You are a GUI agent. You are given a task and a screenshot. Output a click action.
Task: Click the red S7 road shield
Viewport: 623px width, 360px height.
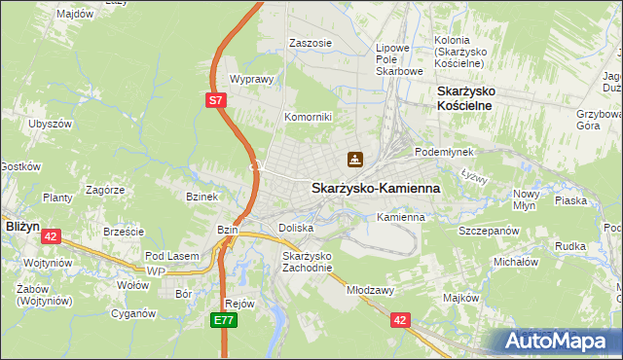[x=217, y=100]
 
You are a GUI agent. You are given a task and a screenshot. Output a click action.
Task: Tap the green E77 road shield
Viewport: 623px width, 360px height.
[x=226, y=318]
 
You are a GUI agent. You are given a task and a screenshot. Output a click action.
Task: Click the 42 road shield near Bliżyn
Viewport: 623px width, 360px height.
[x=52, y=235]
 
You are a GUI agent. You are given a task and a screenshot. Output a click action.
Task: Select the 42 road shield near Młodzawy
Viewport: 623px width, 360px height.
[x=400, y=318]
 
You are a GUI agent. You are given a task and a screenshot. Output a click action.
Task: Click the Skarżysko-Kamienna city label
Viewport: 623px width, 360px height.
[x=375, y=188]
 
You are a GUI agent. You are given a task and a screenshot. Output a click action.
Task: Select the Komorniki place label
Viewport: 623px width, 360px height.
[x=308, y=117]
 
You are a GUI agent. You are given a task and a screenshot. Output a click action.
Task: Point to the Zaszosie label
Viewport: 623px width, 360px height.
[x=311, y=43]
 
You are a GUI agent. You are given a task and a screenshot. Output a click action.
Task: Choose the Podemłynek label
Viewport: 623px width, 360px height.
[x=443, y=153]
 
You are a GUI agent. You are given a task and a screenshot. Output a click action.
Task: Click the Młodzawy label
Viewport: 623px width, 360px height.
[x=369, y=290]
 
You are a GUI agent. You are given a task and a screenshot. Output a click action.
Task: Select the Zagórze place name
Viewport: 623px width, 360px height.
[x=102, y=190]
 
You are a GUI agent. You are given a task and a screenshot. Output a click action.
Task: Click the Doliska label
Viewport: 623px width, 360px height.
[x=295, y=228]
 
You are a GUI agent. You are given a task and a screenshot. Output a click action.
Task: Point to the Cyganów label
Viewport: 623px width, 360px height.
[x=133, y=313]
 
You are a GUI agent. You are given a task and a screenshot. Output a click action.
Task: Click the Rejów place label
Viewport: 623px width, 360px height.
[x=239, y=303]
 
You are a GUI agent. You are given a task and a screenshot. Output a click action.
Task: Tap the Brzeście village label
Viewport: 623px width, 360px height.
[x=124, y=232]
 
